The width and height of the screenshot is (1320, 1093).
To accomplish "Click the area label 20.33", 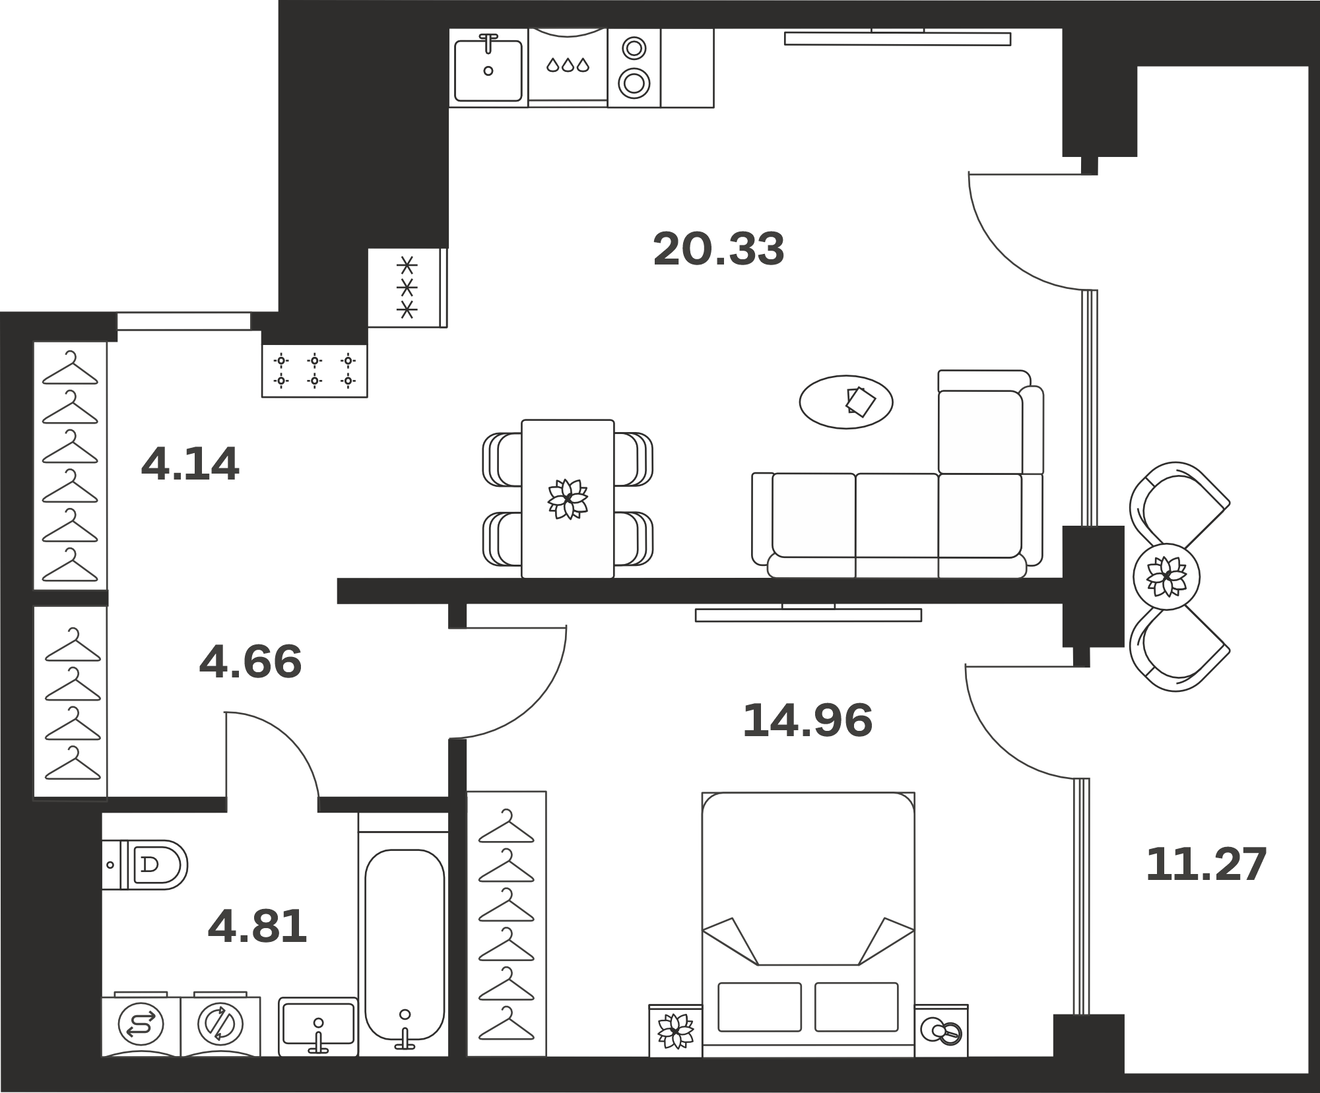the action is pos(718,249).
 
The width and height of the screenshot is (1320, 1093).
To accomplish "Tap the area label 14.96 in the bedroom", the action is pos(807,720).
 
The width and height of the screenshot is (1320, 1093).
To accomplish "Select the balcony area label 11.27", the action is pos(1206,865).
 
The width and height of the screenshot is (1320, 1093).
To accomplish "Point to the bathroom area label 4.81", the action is pos(257,926).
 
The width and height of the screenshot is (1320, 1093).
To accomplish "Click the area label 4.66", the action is pos(250,662).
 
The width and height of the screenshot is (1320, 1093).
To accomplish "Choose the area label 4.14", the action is pos(190,464).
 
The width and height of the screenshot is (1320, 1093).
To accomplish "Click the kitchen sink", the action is pos(488,67).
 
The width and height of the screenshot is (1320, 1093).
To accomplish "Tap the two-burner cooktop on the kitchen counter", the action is pos(634,67).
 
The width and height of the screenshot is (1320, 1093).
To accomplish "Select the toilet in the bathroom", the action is pos(145,864).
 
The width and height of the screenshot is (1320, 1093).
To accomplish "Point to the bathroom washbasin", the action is pos(318,1026).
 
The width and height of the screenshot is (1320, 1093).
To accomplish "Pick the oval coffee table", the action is pos(846,402).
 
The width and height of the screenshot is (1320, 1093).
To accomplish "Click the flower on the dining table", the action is pos(568,499).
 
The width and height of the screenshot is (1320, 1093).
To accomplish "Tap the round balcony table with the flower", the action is pos(1167,577).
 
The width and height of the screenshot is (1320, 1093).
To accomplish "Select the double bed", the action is pos(808,924).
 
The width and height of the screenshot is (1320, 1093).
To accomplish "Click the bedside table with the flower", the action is pos(675,1030).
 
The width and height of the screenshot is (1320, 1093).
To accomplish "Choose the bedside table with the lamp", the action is pos(941,1030).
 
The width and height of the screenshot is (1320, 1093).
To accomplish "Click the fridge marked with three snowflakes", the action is pos(408,288).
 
